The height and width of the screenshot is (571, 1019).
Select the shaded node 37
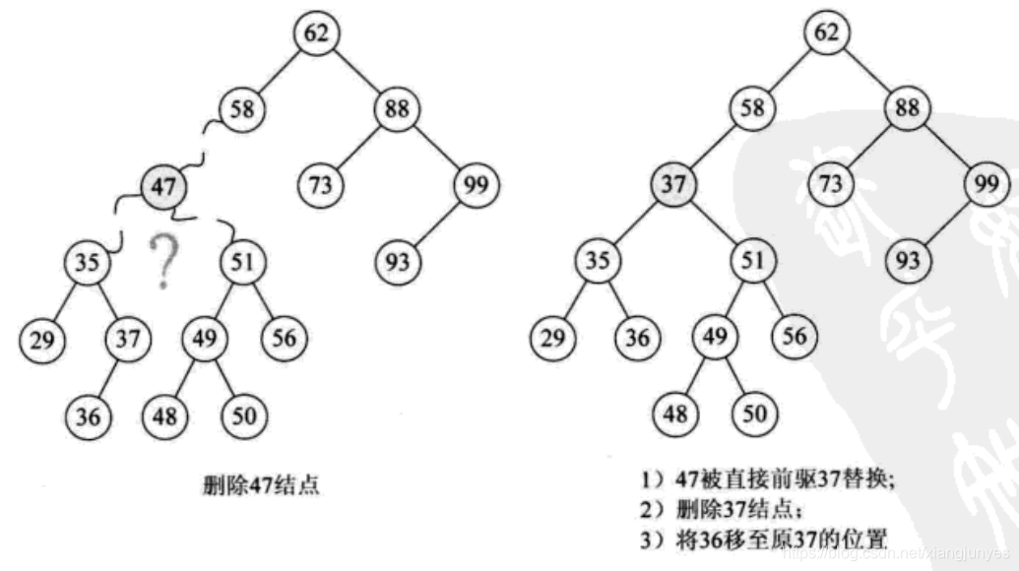click(x=674, y=184)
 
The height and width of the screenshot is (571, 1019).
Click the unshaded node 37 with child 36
click(x=128, y=340)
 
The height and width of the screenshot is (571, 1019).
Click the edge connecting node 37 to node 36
click(x=108, y=377)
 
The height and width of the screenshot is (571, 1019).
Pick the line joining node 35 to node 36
click(x=615, y=300)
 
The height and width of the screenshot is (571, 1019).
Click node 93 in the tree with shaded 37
click(x=910, y=261)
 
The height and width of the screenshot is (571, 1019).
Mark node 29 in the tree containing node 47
click(x=41, y=340)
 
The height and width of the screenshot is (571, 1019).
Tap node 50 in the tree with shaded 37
click(x=754, y=413)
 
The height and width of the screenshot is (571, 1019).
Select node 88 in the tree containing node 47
click(x=397, y=107)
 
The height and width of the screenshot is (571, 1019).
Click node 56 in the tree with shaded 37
click(x=795, y=337)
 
